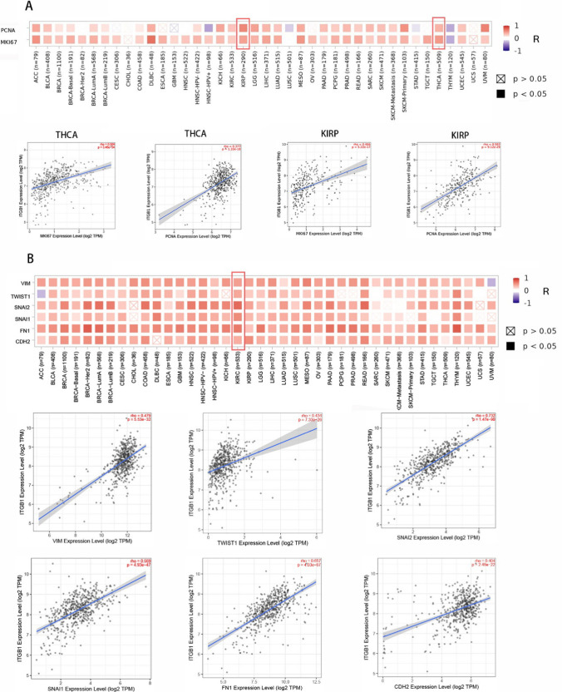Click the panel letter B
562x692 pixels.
coord(30,259)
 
